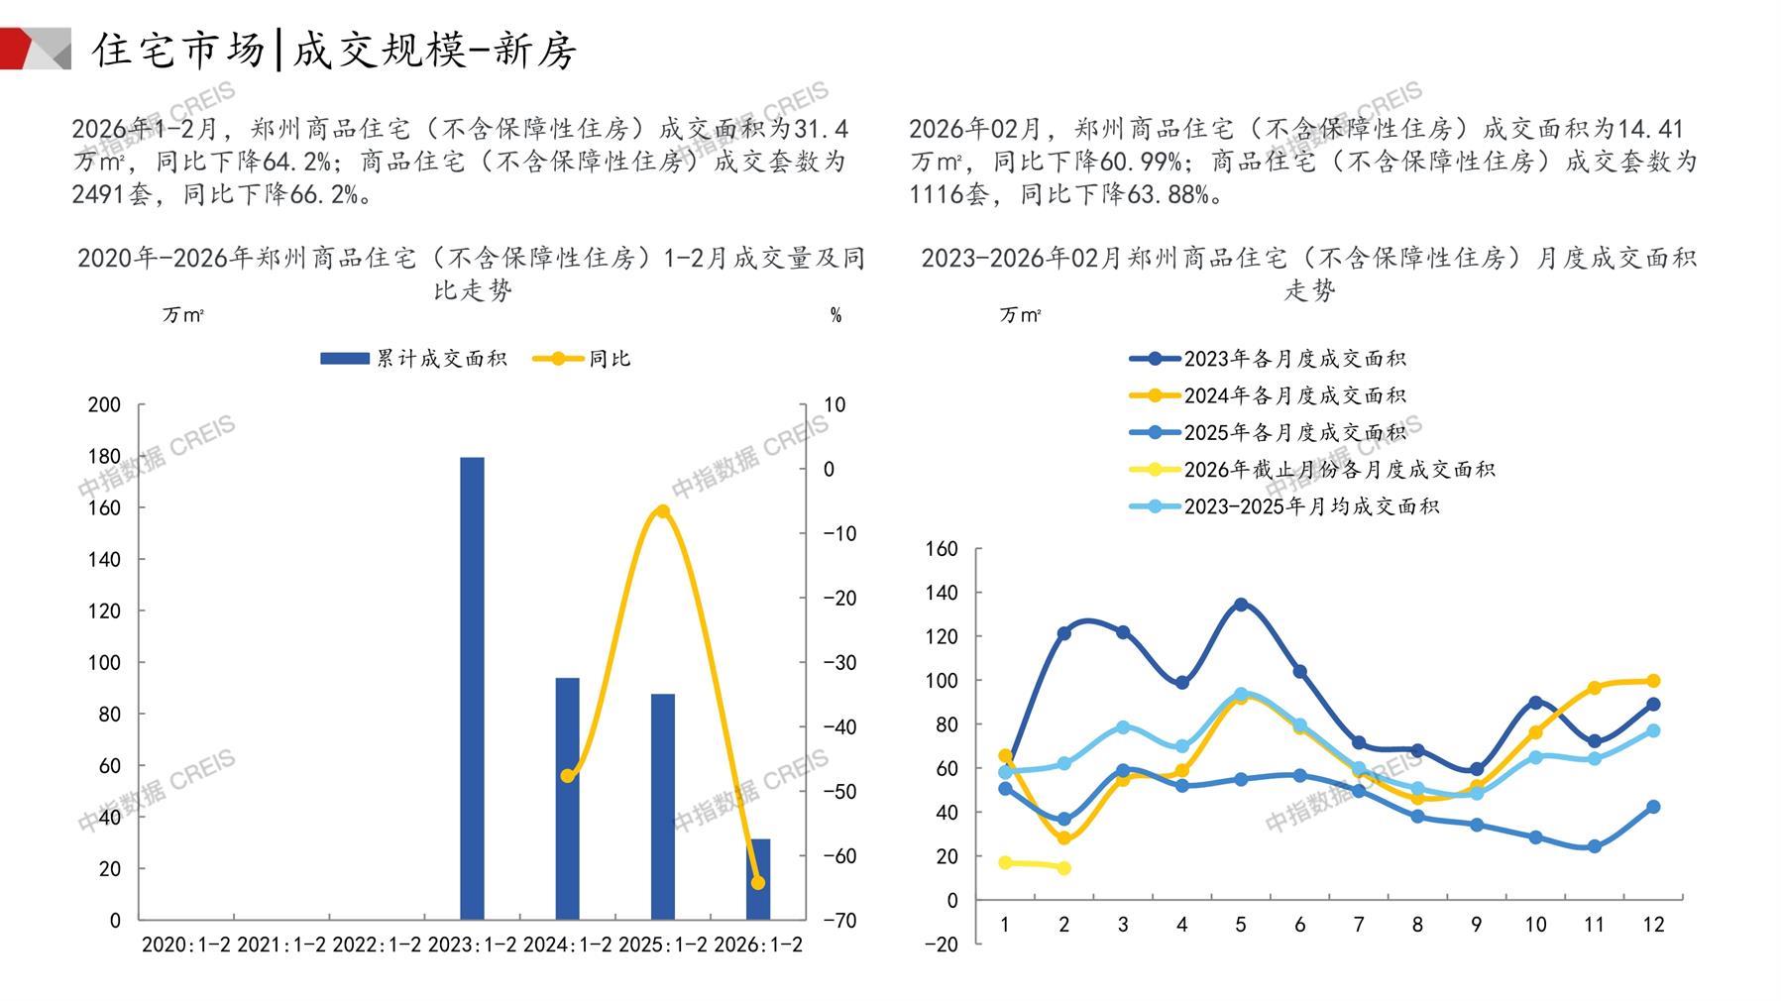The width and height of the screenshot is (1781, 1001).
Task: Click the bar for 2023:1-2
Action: (472, 688)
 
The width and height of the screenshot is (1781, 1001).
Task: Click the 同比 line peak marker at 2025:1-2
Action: (662, 511)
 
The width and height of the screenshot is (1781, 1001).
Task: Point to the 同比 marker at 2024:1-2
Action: (567, 775)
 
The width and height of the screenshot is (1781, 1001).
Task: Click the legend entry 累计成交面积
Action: (413, 359)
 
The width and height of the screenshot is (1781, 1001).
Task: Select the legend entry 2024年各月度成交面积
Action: (1268, 395)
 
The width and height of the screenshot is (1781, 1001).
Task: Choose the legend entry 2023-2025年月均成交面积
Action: (1284, 506)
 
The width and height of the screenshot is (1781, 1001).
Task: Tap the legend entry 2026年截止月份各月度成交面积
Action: (1312, 470)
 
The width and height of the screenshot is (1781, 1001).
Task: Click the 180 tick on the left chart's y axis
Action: (104, 456)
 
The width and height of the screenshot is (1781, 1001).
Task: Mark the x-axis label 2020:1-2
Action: (185, 945)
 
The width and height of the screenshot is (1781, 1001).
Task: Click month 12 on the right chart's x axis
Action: (1652, 925)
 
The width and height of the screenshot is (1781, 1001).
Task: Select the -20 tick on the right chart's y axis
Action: (941, 944)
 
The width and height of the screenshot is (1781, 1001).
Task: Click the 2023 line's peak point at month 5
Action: (1240, 604)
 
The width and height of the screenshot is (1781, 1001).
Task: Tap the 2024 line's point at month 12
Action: (1652, 681)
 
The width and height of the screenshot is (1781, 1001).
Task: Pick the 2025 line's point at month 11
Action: (1594, 846)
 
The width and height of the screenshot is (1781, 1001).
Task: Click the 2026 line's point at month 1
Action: (1005, 862)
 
